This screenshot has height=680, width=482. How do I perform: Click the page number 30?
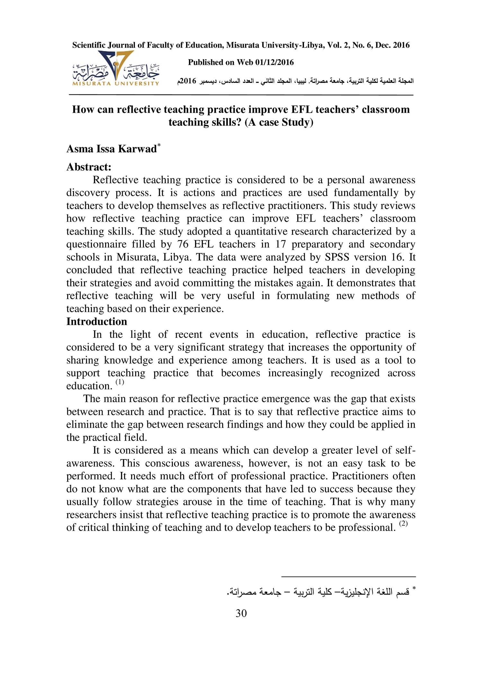(241, 613)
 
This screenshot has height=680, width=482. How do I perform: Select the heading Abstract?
(89, 167)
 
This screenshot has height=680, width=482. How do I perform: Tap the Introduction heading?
(96, 321)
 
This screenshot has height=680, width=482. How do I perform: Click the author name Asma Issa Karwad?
(111, 149)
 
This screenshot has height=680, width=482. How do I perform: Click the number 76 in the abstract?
(183, 244)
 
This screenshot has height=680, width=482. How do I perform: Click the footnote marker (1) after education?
(120, 382)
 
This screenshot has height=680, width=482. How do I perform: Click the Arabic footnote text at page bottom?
(318, 592)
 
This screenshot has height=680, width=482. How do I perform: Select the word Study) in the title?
(297, 122)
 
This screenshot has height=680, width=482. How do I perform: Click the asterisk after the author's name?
(159, 146)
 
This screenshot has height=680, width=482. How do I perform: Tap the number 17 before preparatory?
(281, 244)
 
